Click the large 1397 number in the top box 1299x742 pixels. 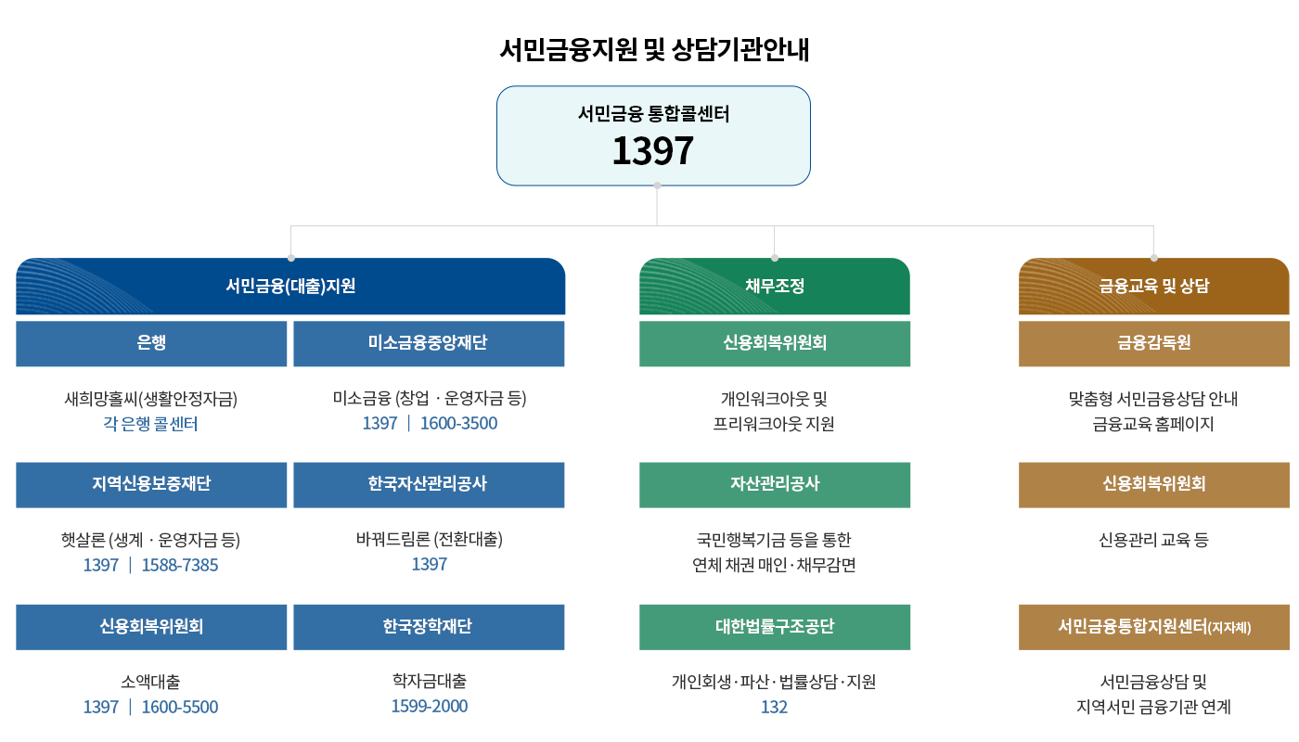tap(652, 151)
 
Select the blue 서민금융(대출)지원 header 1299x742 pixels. tap(290, 287)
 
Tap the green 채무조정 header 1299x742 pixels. tap(775, 287)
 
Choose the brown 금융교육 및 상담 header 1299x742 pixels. tap(1154, 287)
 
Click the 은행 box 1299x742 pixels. tap(151, 343)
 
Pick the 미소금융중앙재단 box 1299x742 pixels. tap(429, 343)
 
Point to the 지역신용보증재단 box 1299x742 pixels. tap(151, 484)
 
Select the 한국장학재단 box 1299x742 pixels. tap(429, 626)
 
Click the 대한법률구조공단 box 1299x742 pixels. tap(775, 626)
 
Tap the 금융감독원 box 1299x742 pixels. tap(1154, 343)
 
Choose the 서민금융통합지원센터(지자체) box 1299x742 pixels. tap(1154, 626)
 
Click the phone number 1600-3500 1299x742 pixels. tap(458, 424)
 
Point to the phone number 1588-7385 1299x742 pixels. tap(180, 565)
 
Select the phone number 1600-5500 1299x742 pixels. tap(180, 707)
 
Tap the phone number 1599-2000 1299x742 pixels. tap(429, 706)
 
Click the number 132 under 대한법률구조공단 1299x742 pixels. tap(774, 707)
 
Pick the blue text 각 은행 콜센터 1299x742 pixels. tap(151, 424)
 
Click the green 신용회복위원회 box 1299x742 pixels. tap(775, 343)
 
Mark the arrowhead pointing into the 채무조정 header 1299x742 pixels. tap(775, 255)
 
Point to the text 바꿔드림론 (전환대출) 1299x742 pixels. tap(429, 539)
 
